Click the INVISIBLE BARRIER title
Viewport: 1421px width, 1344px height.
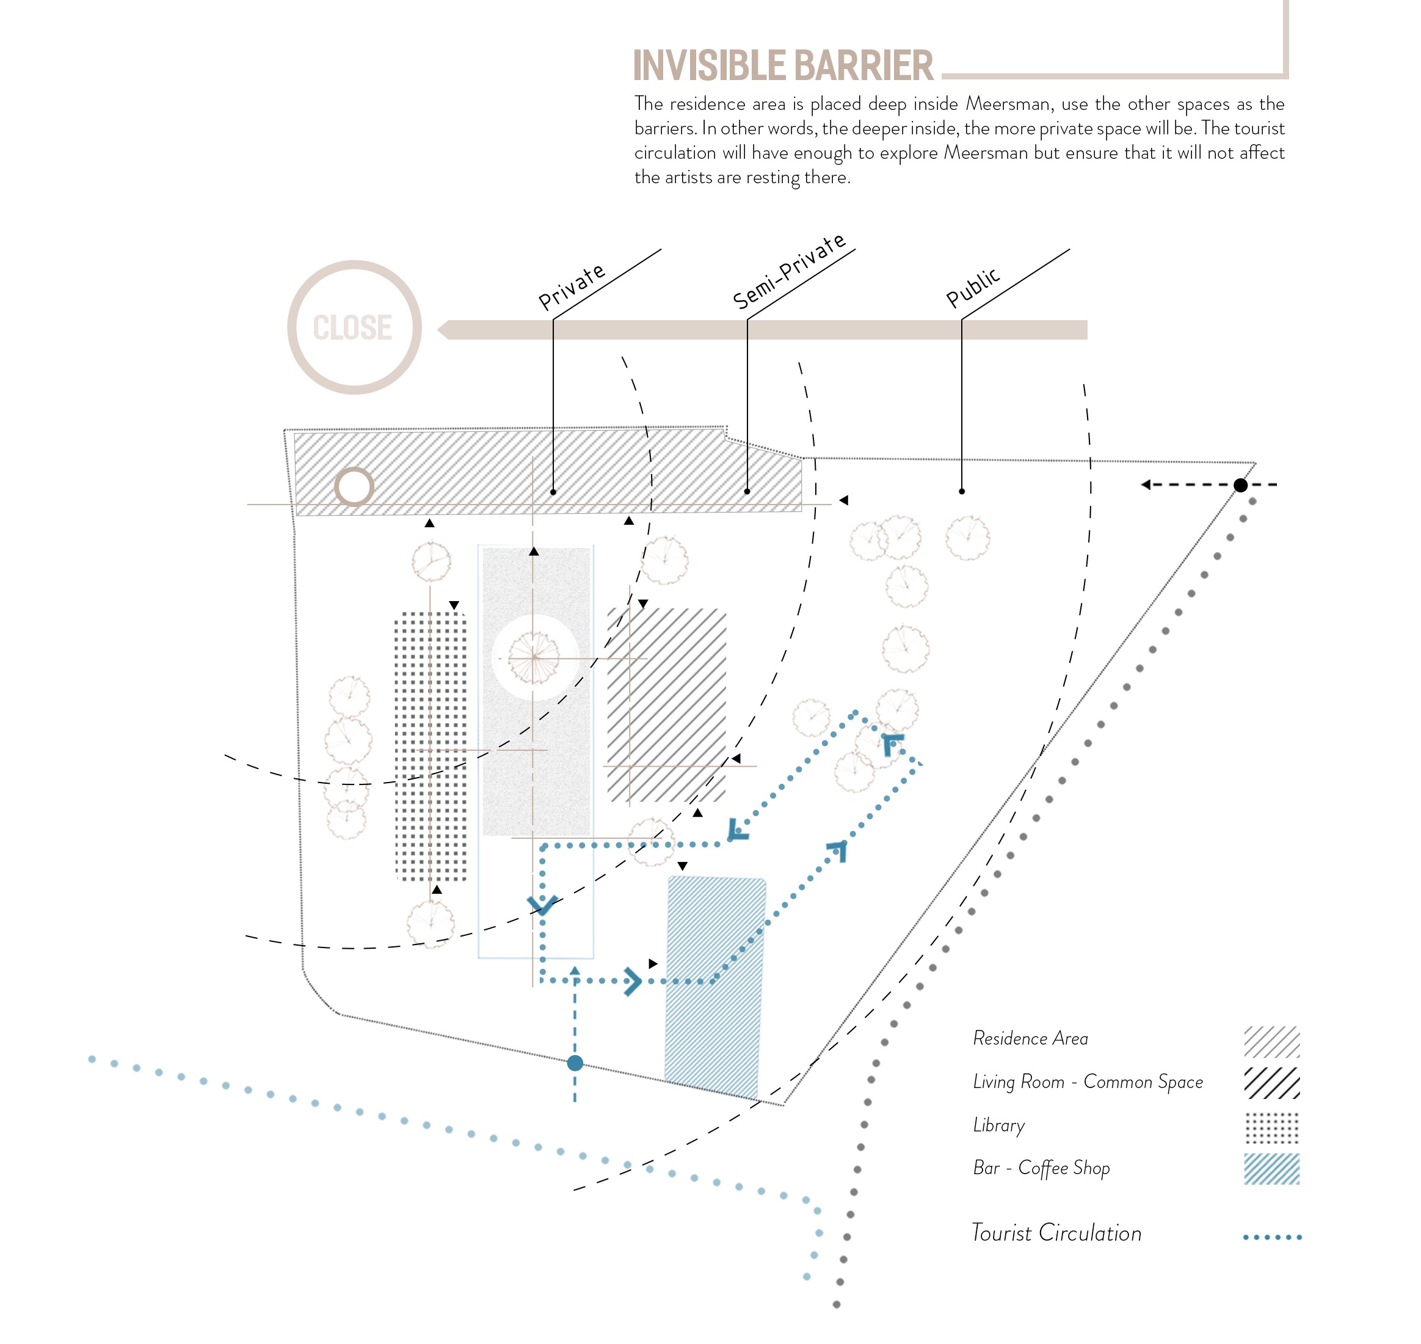tap(783, 66)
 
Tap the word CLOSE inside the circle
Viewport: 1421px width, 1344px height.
tap(352, 328)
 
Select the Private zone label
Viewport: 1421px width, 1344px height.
tap(572, 287)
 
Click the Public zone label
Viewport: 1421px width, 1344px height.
tap(973, 287)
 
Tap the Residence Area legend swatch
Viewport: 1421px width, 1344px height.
tap(1271, 1042)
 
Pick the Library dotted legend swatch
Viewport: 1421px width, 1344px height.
tap(1271, 1128)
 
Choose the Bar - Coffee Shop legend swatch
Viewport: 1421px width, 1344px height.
tap(1271, 1169)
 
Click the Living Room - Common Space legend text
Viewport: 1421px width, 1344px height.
tap(1087, 1082)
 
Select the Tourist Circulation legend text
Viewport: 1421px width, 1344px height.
tap(1056, 1233)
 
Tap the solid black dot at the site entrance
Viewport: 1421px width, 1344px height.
tap(1240, 485)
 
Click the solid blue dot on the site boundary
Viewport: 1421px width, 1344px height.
tap(575, 1063)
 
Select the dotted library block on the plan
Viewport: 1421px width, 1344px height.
tap(431, 745)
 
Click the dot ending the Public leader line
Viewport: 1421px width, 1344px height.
tap(961, 491)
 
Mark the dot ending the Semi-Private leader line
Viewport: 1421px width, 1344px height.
tap(747, 491)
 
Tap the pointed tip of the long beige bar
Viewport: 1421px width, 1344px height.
tap(439, 329)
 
